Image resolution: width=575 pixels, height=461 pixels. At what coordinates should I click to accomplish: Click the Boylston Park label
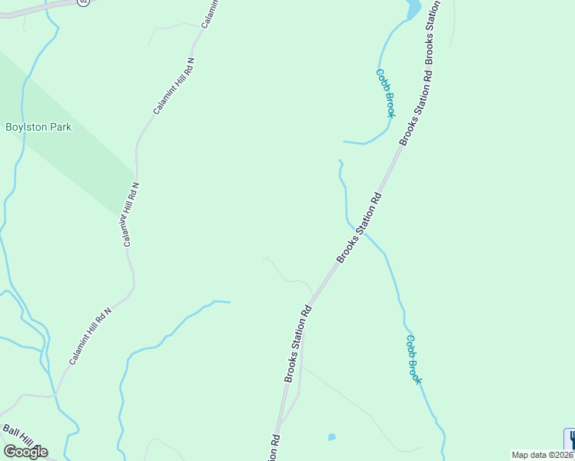(38, 127)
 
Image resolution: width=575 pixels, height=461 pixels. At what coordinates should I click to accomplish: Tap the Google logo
(25, 451)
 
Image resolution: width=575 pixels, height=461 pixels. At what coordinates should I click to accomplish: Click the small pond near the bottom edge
(331, 437)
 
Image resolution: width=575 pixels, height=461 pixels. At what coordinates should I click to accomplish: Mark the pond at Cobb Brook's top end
(413, 8)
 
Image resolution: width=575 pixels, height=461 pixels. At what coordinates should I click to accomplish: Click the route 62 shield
(84, 2)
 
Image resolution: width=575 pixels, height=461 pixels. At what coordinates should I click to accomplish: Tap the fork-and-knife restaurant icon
(570, 439)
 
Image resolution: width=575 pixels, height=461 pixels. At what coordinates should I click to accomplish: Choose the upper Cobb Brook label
(385, 93)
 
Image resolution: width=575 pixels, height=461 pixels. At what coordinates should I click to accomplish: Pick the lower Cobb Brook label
(414, 360)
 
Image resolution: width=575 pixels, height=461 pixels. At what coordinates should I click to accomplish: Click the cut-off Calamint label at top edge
(211, 15)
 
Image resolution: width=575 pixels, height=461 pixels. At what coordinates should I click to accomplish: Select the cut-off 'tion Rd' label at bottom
(274, 449)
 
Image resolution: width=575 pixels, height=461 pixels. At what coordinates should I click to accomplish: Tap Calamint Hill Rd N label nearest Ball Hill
(91, 337)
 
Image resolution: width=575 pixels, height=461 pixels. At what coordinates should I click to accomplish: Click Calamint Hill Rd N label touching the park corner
(130, 214)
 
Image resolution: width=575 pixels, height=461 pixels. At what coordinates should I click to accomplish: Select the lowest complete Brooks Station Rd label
(297, 343)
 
